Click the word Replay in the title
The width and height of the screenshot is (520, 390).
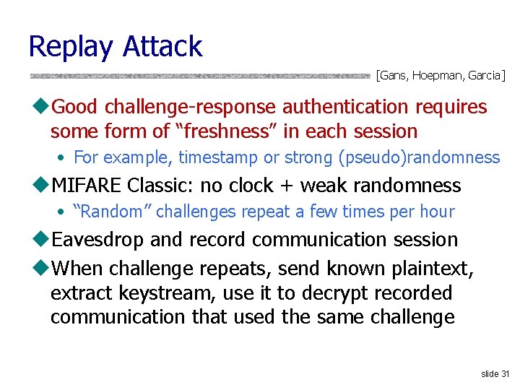tap(71, 48)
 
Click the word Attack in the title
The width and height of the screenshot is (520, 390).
tap(162, 46)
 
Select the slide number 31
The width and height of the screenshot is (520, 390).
tap(495, 373)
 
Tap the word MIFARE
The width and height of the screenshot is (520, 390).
tap(87, 186)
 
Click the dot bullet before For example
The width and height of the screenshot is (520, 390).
tap(63, 158)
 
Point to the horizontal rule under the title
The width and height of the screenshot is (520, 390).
tap(199, 75)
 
